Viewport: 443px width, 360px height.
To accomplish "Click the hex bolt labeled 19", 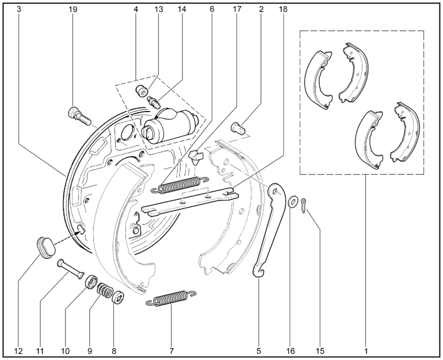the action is tap(79, 116).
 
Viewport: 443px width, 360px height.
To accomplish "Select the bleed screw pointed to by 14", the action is tap(154, 102).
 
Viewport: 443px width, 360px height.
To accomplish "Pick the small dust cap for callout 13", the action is tap(142, 91).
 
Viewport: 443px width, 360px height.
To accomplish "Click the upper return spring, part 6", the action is tap(180, 185).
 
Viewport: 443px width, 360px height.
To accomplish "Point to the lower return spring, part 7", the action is tap(171, 298).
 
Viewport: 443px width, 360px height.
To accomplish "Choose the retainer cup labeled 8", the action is tap(118, 298).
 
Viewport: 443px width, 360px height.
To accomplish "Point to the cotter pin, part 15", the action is tap(303, 205).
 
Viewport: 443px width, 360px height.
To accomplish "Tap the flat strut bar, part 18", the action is tap(190, 201).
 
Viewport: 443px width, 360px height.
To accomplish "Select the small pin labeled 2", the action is tap(239, 128).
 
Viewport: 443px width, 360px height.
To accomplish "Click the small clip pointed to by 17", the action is tap(196, 157).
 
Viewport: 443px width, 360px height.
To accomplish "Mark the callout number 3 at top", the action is tap(19, 9).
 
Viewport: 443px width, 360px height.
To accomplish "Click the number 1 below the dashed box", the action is tap(366, 351).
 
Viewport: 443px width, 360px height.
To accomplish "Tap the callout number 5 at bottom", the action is tap(259, 351).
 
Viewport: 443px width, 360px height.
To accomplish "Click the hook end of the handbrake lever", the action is tap(259, 271).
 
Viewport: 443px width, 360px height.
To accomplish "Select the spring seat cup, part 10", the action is tap(91, 282).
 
